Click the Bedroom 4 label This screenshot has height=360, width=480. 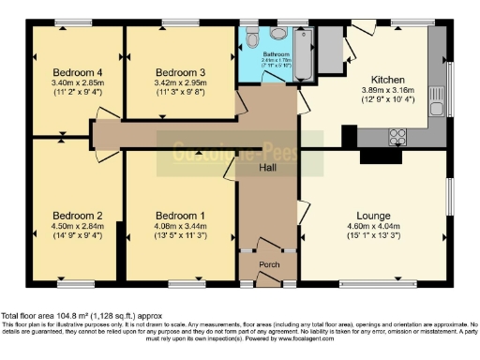pos(77,72)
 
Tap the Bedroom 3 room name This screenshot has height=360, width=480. pos(180,72)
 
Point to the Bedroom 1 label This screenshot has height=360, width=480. pos(180,213)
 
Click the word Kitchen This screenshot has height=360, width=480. pos(386,79)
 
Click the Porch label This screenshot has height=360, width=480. pos(269,264)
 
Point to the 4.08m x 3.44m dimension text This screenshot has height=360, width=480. pos(180,224)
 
